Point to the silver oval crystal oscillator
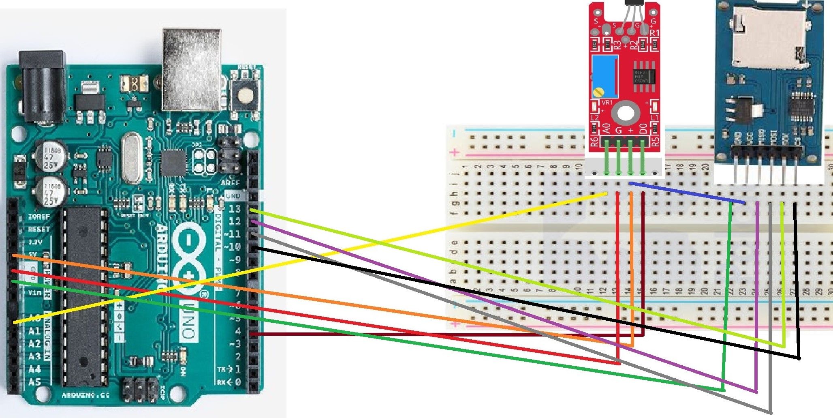[132, 158]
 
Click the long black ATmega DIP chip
[83, 296]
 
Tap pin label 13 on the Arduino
[235, 209]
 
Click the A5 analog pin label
[34, 382]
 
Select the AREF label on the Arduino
[230, 183]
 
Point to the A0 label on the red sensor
[606, 129]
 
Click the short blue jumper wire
[687, 193]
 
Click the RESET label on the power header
[38, 229]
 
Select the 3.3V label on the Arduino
[35, 242]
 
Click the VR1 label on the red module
[607, 103]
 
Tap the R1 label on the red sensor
[654, 32]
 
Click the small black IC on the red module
[644, 75]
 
